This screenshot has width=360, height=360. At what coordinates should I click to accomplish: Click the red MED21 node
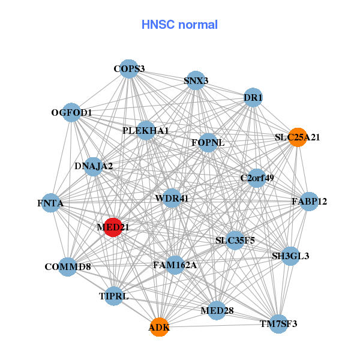(113, 227)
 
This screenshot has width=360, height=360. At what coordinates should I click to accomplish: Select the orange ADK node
(159, 327)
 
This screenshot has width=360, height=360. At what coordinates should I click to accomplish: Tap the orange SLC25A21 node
(298, 137)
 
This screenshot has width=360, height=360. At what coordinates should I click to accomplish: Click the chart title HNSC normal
(179, 25)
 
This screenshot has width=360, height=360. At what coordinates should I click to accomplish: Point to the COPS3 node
(129, 69)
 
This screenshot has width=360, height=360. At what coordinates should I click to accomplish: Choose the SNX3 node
(196, 80)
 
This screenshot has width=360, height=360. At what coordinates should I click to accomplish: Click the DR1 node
(253, 98)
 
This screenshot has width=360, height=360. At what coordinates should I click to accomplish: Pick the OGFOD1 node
(71, 113)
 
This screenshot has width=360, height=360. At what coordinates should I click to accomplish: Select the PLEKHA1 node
(146, 130)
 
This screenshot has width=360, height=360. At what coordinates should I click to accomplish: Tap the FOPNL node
(208, 143)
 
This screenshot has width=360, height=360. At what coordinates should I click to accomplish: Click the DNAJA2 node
(94, 166)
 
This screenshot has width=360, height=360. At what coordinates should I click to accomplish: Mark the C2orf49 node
(257, 178)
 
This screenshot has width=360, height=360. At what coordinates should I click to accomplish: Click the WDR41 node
(172, 198)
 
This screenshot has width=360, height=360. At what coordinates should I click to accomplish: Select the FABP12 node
(309, 201)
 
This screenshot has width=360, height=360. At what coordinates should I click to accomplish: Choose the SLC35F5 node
(235, 241)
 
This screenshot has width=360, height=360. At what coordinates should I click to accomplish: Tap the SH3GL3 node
(290, 256)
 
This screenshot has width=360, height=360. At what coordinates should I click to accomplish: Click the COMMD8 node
(67, 266)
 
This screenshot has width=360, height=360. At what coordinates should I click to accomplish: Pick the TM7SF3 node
(278, 324)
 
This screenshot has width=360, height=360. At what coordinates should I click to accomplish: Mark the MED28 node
(217, 310)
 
